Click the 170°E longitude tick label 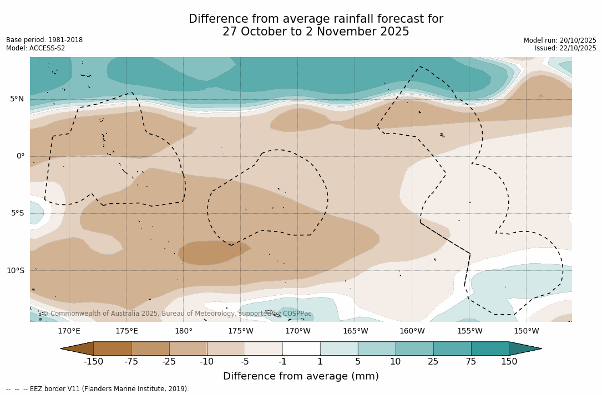tap(69, 331)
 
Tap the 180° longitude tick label tap(183, 331)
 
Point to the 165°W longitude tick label tap(355, 331)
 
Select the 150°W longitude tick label tap(526, 331)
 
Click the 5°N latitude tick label tap(17, 99)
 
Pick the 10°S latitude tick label tap(15, 271)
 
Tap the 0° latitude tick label tap(20, 156)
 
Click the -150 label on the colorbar tap(93, 362)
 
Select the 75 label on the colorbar tap(471, 362)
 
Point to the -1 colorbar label tap(282, 362)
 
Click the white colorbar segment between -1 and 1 tap(301, 348)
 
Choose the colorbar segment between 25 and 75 tap(452, 348)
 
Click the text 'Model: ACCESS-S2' tap(36, 48)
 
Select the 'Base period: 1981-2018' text tap(44, 40)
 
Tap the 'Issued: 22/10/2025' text tap(565, 48)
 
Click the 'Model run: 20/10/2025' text tap(560, 40)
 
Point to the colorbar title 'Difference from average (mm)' tap(301, 377)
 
